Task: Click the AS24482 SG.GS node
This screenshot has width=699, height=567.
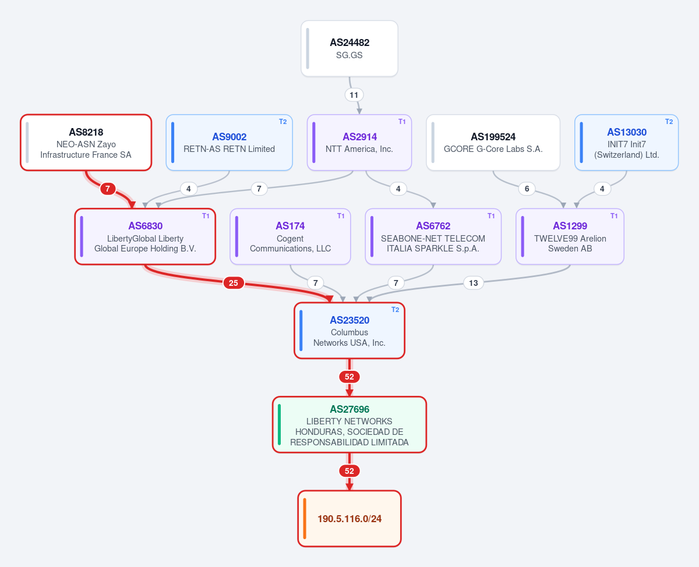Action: pos(349,48)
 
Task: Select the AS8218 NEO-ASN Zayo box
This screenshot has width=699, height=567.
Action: pos(86,143)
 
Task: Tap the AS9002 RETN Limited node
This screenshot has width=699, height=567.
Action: pos(229,143)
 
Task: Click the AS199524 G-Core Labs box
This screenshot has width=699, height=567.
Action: pos(493,143)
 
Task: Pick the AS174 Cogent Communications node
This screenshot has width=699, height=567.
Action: pos(290,236)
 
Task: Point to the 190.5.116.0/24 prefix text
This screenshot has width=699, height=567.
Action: pos(349,519)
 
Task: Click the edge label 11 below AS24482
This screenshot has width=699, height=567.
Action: pos(354,95)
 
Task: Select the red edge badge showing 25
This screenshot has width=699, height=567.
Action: pos(234,283)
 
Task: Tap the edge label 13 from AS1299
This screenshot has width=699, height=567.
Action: pos(473,283)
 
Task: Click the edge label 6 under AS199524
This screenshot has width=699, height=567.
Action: pos(527,189)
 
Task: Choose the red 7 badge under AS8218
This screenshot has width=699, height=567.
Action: pos(108,189)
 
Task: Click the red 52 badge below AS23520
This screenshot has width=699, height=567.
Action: pos(349,377)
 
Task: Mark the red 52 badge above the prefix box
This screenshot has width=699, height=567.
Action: pos(349,471)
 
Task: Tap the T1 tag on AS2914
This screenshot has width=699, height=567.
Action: pos(402,122)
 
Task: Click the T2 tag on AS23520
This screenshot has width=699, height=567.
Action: pos(395,310)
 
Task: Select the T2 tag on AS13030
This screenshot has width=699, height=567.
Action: pos(669,122)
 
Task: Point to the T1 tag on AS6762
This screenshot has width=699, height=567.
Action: pos(491,216)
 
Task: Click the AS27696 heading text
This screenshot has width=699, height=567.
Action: pos(349,409)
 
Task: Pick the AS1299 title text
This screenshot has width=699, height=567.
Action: pos(570,226)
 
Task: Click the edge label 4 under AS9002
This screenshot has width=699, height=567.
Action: pos(188,189)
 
